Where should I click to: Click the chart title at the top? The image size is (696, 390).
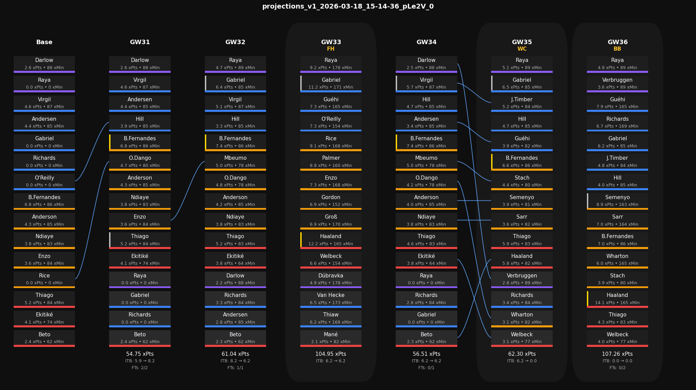click(x=348, y=6)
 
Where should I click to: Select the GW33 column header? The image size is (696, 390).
click(x=331, y=42)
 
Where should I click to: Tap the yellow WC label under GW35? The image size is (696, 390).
click(x=522, y=49)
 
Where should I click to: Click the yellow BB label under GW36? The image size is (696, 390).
click(x=617, y=49)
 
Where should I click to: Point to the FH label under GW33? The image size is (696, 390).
click(x=331, y=49)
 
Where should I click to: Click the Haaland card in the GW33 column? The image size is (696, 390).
click(x=331, y=240)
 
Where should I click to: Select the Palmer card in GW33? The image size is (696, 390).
click(x=331, y=161)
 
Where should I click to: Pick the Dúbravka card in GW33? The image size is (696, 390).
click(x=331, y=279)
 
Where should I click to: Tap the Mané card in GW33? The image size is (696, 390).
click(x=331, y=338)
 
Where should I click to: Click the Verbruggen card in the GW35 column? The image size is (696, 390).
click(x=522, y=279)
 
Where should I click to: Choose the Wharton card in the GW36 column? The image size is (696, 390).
click(x=617, y=259)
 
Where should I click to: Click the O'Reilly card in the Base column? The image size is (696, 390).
click(x=44, y=181)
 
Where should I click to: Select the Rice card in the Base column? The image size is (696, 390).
click(x=44, y=279)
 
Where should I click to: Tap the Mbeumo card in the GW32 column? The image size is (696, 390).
click(x=235, y=161)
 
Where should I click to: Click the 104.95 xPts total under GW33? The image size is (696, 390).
click(x=331, y=354)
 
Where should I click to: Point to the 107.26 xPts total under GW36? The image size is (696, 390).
click(x=617, y=354)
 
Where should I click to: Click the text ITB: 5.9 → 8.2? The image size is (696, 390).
click(x=140, y=361)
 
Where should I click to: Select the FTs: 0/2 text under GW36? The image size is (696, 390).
click(x=617, y=368)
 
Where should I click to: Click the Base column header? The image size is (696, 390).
click(x=44, y=42)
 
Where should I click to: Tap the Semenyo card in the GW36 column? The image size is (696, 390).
click(x=617, y=201)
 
